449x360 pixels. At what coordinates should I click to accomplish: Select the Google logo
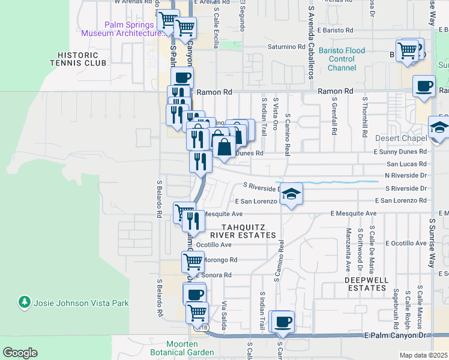19,353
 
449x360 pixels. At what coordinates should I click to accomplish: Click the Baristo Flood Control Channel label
342,59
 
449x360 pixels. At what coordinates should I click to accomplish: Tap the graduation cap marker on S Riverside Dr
291,193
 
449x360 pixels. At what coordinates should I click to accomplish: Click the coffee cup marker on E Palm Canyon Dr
283,321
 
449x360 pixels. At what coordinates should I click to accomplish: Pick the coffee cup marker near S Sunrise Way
424,85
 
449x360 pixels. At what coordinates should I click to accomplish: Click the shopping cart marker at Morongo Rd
192,261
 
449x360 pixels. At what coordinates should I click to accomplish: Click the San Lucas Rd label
406,163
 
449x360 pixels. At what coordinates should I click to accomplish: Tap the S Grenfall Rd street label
334,118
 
